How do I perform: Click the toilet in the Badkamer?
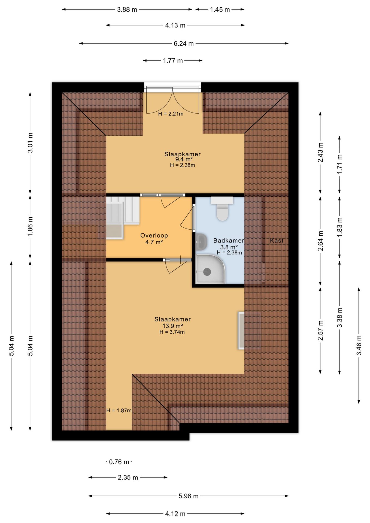click(222, 208)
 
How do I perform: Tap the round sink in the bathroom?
click(201, 242)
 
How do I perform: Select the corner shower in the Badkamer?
click(211, 269)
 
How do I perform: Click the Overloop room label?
click(154, 235)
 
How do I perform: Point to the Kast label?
click(277, 241)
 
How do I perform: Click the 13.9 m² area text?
click(172, 326)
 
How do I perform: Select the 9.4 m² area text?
click(184, 159)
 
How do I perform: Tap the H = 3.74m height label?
click(172, 332)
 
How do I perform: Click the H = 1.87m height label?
click(119, 410)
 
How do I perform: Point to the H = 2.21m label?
click(171, 114)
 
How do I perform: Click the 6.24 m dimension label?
click(184, 44)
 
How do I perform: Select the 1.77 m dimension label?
click(173, 60)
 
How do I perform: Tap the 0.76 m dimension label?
click(119, 462)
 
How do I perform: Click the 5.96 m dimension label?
click(188, 496)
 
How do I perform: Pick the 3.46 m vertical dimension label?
click(359, 345)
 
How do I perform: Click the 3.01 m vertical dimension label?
click(30, 143)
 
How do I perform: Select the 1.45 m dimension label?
click(220, 10)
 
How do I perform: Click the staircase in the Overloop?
click(123, 218)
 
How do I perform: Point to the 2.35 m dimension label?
click(128, 478)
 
